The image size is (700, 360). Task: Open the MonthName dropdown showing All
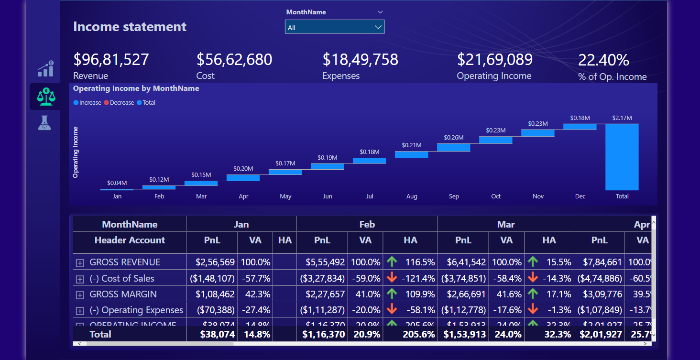point(334,27)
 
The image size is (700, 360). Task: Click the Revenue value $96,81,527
point(111,60)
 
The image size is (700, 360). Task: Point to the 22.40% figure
point(603,60)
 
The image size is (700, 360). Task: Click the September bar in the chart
point(453,147)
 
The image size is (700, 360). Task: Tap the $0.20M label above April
point(243,169)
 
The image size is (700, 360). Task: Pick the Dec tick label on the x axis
point(580,196)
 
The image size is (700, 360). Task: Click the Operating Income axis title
point(76,153)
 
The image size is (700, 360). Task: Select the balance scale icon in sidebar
point(45,97)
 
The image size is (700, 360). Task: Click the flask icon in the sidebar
point(44,123)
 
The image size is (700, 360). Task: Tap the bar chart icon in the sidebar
point(45,69)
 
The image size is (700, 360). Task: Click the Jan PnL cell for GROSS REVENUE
point(215,262)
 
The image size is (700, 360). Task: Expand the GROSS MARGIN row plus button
point(80,295)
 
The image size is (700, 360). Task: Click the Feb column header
point(367,224)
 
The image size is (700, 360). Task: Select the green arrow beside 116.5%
point(392,262)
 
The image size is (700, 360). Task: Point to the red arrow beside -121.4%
point(392,278)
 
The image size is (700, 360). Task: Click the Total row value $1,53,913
point(463,334)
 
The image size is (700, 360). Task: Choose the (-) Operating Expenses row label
point(136,310)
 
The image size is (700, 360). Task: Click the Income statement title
point(130,27)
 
